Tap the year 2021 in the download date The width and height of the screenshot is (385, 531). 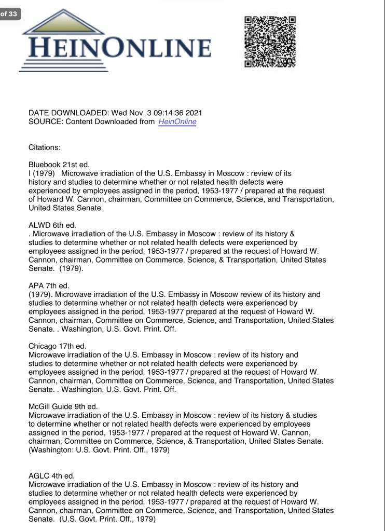click(x=193, y=113)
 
